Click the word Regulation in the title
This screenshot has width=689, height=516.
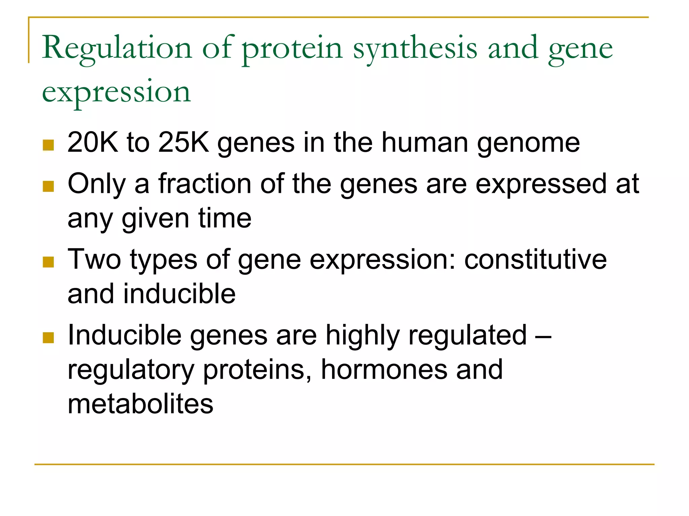[117, 48]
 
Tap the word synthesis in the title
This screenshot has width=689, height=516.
[415, 48]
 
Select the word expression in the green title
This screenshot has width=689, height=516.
[116, 92]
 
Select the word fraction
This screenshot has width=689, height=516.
[205, 184]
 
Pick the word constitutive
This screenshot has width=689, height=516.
[536, 259]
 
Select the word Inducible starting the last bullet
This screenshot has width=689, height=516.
[124, 335]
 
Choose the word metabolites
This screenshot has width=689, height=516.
[140, 404]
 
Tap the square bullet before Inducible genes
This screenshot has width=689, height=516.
[48, 338]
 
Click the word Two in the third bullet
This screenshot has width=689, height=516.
[94, 259]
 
